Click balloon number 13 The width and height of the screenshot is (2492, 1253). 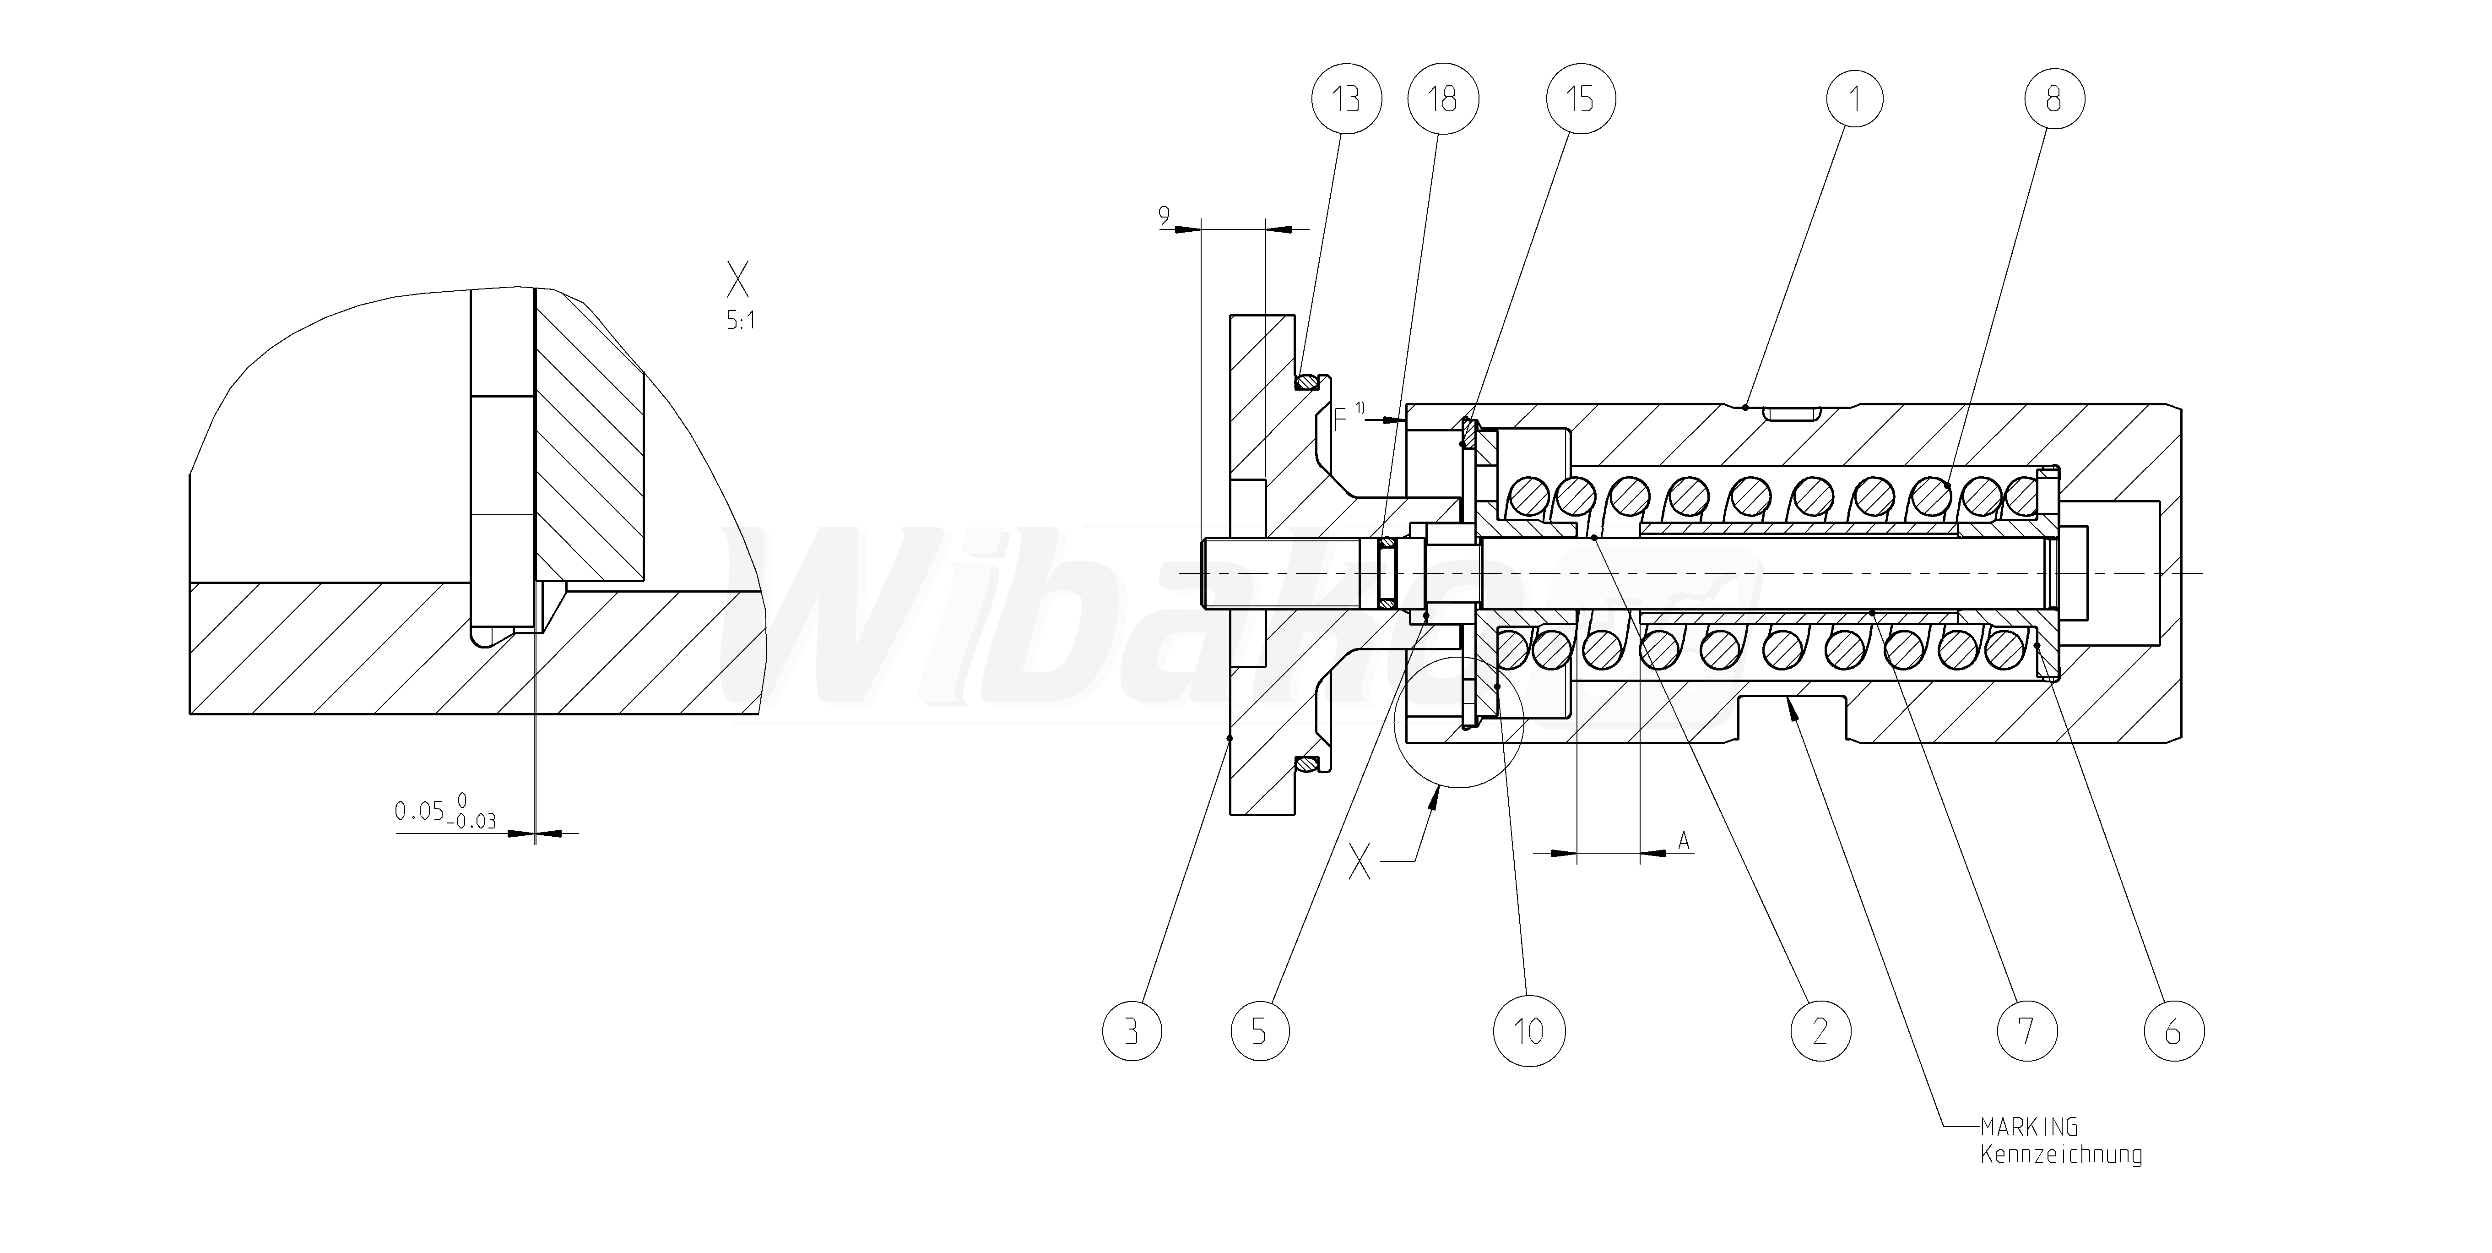[1347, 98]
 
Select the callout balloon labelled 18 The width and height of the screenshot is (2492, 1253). [1442, 98]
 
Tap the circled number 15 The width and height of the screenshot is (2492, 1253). [1580, 98]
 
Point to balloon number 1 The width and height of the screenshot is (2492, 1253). [1854, 98]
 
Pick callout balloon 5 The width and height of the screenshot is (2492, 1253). [1260, 1031]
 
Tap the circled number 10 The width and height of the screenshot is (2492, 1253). [1528, 1031]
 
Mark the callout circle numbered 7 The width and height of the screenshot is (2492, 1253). [2026, 1031]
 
